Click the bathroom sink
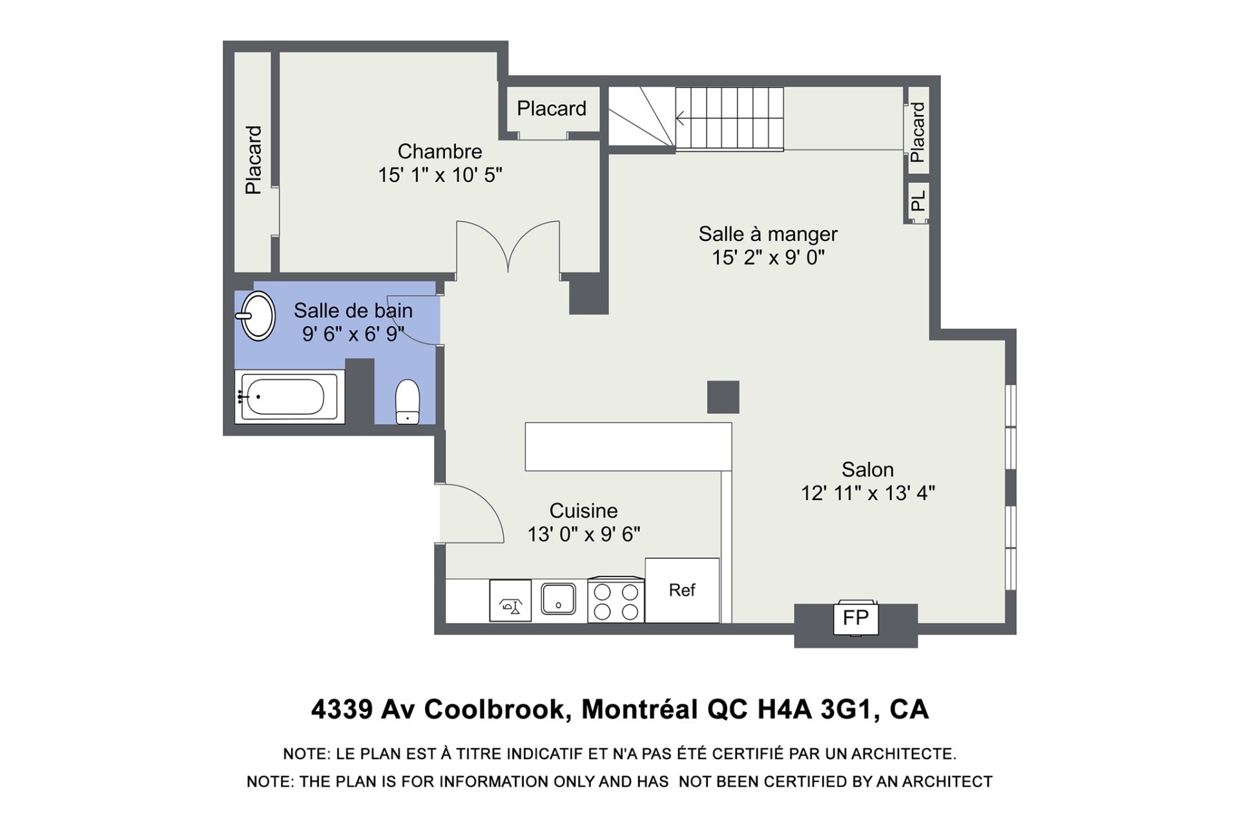[258, 316]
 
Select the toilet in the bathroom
[408, 402]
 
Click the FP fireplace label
[856, 618]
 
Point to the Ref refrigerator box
[682, 590]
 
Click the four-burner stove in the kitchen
[616, 600]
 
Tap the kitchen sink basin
[559, 598]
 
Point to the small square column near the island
[723, 397]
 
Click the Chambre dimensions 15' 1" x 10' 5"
[440, 175]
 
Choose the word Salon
[867, 470]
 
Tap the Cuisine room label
[584, 511]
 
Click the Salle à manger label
[768, 234]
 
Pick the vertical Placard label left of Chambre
[253, 160]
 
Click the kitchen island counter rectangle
[628, 446]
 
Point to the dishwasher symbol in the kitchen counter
[510, 601]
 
